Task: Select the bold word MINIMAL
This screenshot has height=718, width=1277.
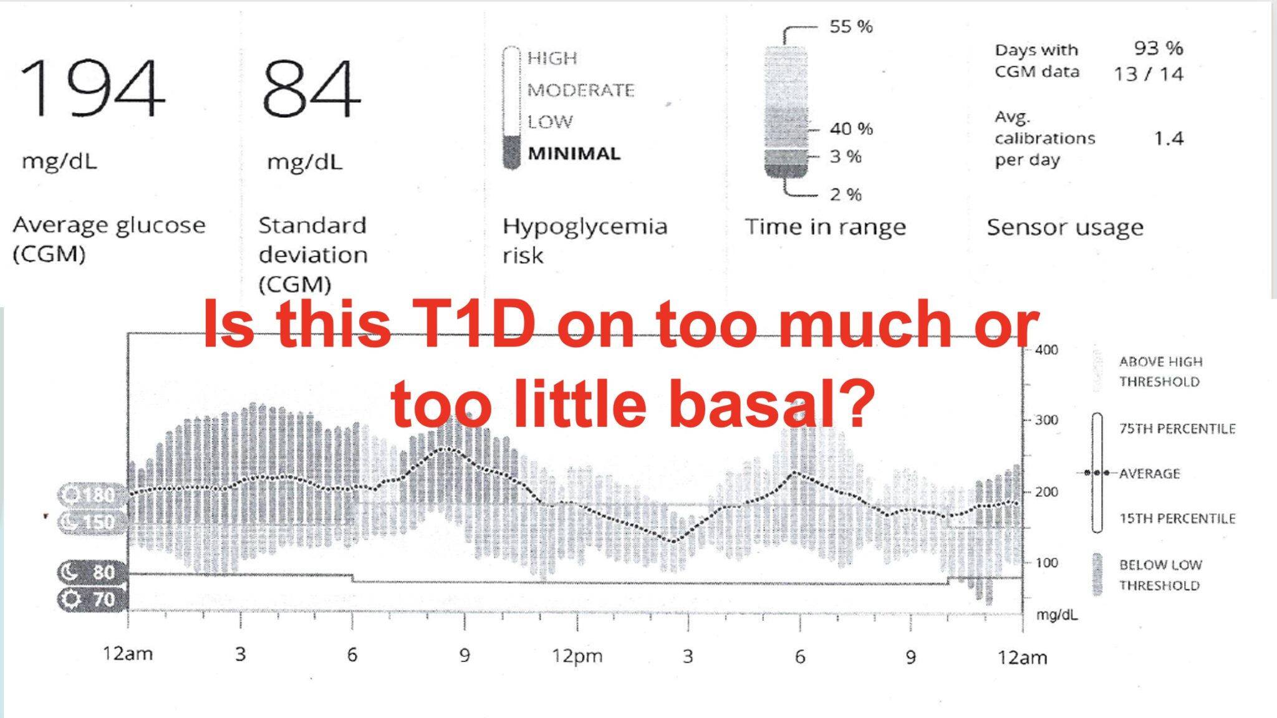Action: (x=574, y=153)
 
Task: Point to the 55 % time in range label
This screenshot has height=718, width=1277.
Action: (x=851, y=27)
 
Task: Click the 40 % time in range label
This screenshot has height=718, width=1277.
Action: (x=851, y=129)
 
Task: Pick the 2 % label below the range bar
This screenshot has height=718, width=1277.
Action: (x=846, y=194)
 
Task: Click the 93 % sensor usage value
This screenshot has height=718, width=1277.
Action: (x=1158, y=48)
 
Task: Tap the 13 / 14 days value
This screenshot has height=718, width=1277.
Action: (x=1149, y=74)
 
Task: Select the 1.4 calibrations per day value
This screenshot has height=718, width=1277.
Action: (x=1168, y=138)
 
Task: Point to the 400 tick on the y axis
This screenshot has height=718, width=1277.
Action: (x=1046, y=350)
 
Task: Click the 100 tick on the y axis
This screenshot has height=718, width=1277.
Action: (x=1046, y=563)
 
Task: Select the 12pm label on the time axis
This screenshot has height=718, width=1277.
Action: (x=577, y=656)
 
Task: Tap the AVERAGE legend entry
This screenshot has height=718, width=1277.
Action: (x=1149, y=474)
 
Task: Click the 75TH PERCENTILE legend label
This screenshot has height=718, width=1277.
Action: (x=1177, y=429)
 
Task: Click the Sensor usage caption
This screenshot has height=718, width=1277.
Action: (x=1064, y=227)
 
